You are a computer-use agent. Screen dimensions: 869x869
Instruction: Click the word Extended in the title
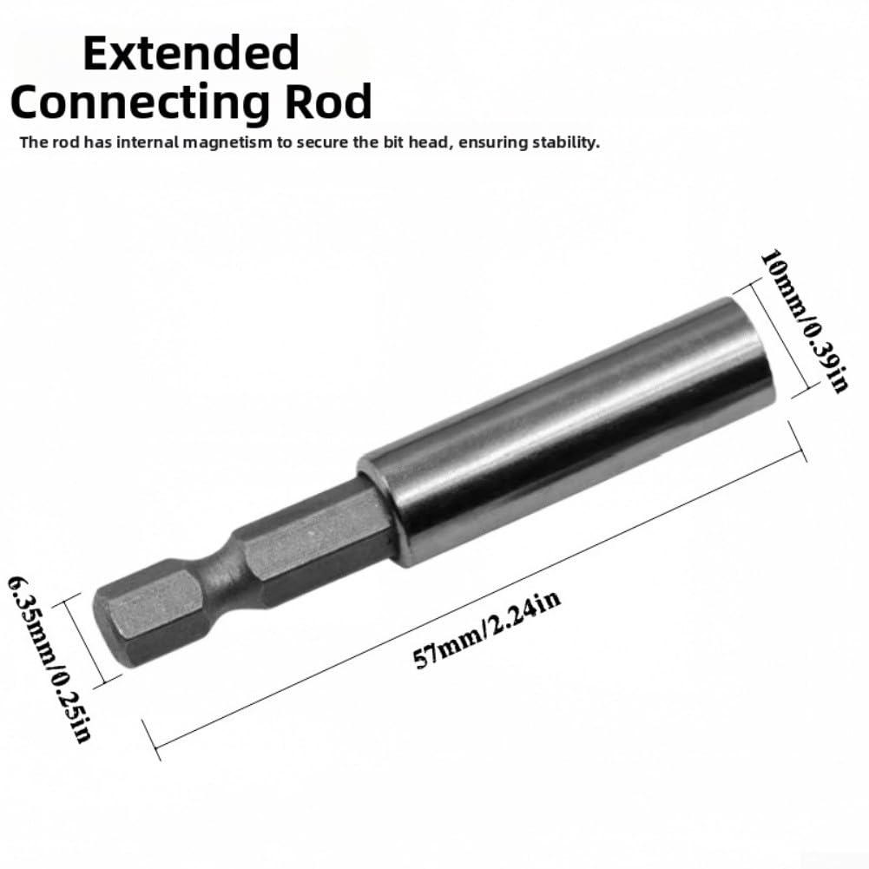[191, 53]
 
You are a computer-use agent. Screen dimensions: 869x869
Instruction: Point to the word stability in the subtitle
[566, 143]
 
